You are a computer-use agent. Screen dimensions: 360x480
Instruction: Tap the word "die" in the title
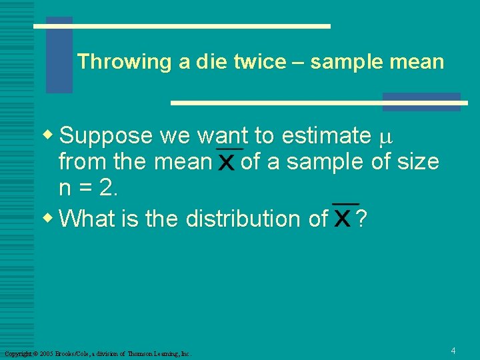210,62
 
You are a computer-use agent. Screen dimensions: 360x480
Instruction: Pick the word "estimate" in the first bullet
326,136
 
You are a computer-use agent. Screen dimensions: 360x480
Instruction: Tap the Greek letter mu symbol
383,138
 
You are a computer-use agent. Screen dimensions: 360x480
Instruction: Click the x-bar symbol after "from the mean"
226,161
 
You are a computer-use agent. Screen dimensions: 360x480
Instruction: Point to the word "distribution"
256,218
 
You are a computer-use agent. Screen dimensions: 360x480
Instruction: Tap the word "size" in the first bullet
417,161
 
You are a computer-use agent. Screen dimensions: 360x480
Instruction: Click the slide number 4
453,351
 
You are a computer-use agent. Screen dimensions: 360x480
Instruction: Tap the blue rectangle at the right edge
421,101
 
